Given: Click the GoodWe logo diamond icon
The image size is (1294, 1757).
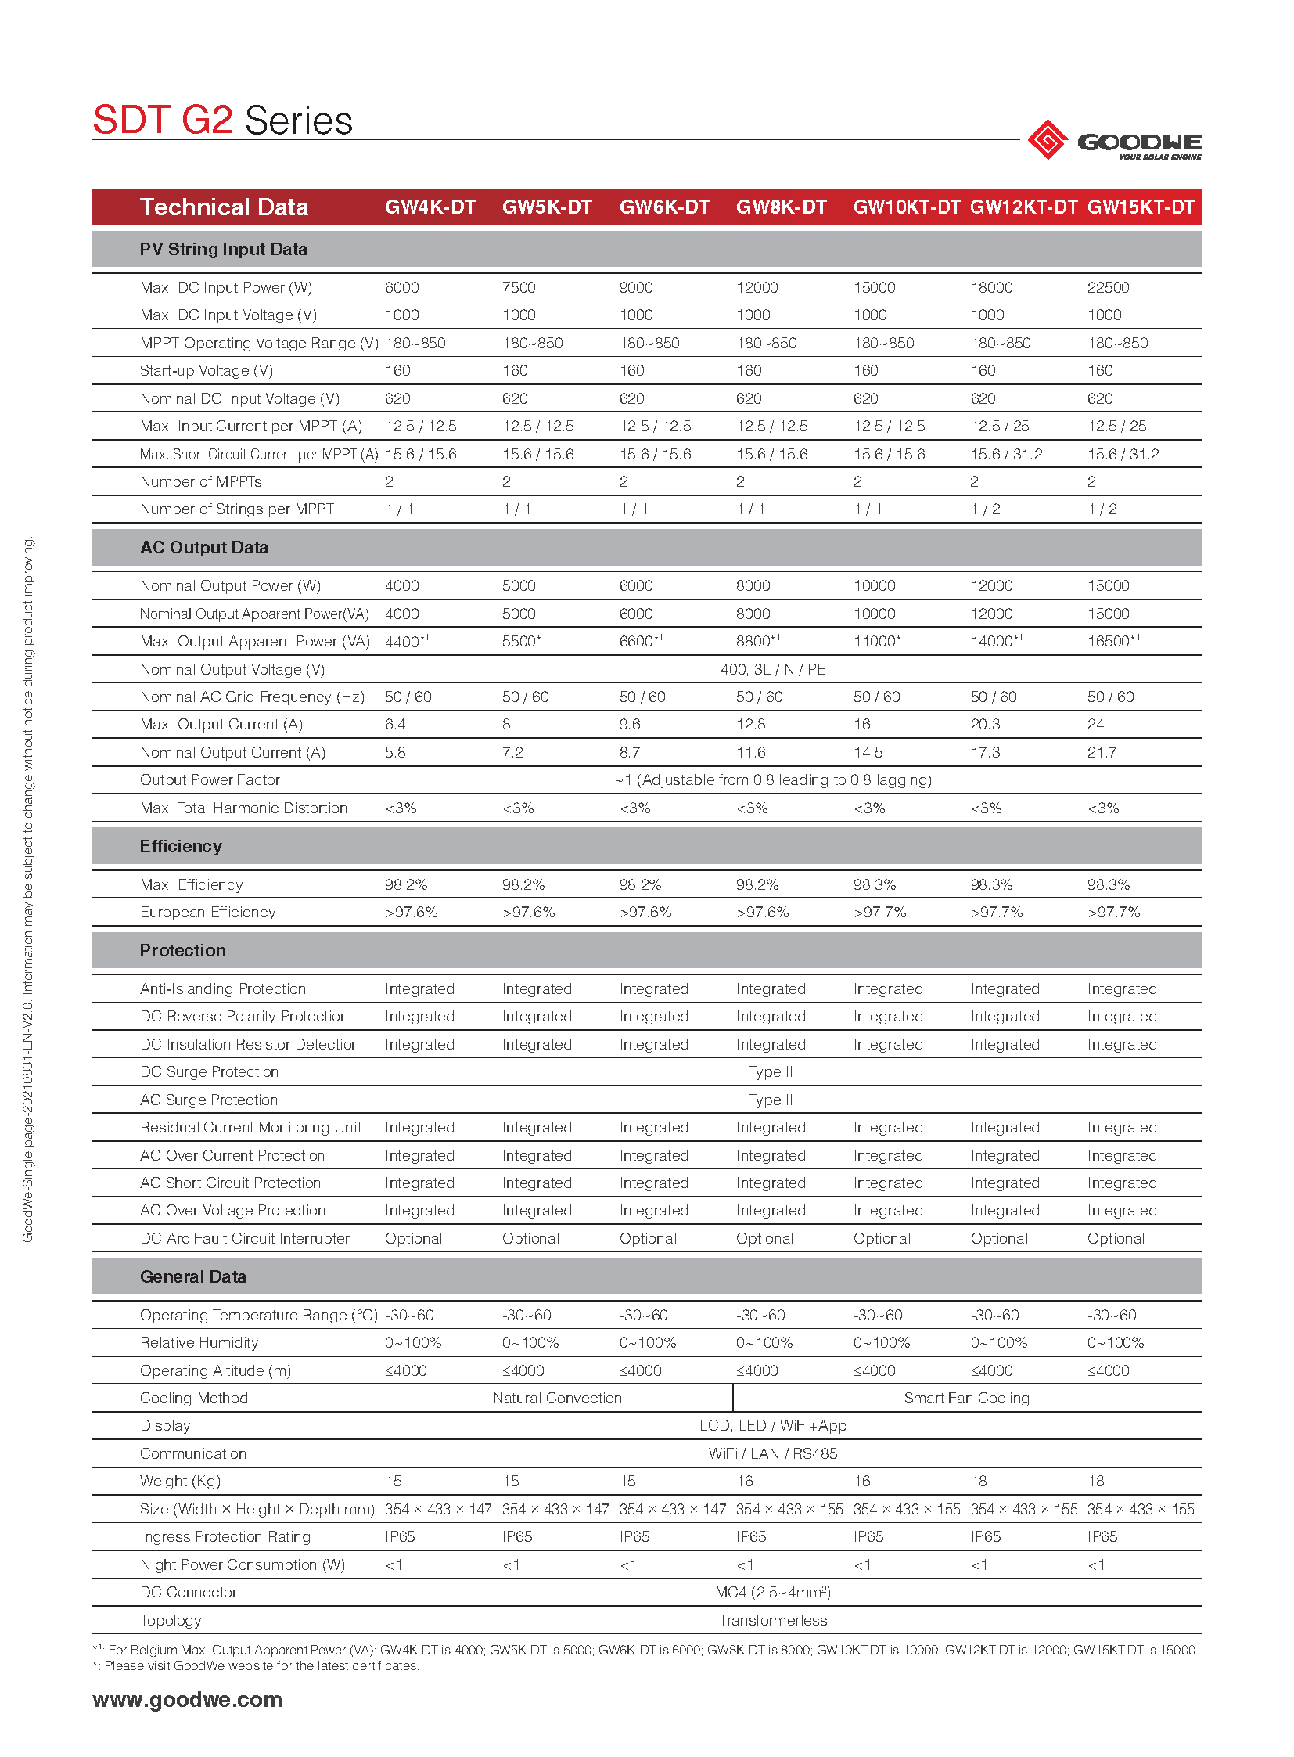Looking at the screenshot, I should click(1048, 140).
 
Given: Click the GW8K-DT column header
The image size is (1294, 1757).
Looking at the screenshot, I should click(781, 207).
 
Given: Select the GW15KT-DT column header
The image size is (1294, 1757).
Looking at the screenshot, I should click(1141, 207).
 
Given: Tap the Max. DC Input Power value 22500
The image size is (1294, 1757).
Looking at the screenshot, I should click(1108, 287).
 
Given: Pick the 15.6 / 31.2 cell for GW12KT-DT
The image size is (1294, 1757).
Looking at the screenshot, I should click(1006, 455).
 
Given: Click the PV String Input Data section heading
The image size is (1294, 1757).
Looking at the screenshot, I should click(223, 249).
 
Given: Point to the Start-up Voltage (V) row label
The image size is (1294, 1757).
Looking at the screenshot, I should click(206, 371).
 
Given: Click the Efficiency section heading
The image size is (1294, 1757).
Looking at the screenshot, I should click(181, 846).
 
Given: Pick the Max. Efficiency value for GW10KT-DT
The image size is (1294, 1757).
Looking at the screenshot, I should click(874, 885).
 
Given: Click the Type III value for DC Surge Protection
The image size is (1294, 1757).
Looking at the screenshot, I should click(772, 1072).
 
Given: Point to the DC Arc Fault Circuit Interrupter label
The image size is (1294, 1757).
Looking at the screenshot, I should click(244, 1239).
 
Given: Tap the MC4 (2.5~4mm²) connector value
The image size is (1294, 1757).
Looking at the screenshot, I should click(772, 1593).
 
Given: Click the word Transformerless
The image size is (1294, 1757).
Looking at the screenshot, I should click(772, 1621).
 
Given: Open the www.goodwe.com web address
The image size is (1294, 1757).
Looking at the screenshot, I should click(187, 1699).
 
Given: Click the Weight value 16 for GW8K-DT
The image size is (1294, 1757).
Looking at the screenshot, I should click(744, 1482).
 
